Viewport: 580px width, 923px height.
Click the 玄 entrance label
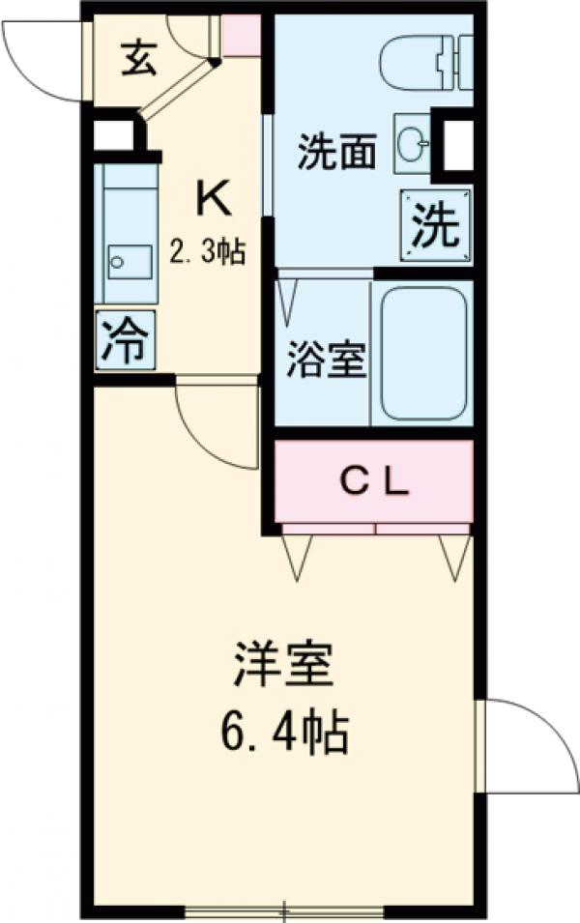[137, 60]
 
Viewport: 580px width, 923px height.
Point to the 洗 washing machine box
[436, 225]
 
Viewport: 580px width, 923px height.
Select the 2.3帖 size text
[208, 253]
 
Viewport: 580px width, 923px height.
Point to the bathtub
[423, 353]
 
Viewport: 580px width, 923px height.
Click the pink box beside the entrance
[243, 36]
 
